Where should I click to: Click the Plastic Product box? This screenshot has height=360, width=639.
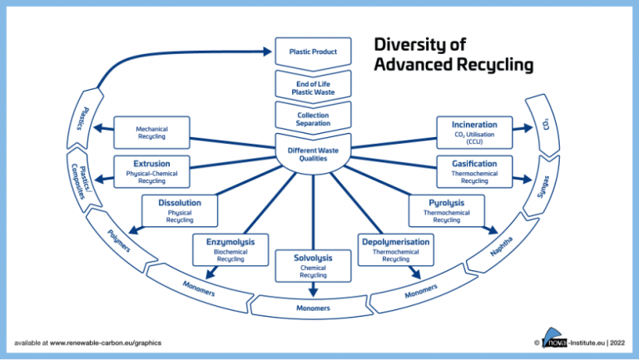pyautogui.click(x=313, y=52)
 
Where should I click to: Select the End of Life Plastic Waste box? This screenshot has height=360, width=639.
pyautogui.click(x=313, y=86)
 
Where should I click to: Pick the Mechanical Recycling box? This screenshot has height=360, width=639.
pyautogui.click(x=151, y=132)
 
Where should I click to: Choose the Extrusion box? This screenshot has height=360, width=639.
pyautogui.click(x=151, y=170)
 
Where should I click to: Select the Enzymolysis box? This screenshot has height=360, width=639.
pyautogui.click(x=230, y=249)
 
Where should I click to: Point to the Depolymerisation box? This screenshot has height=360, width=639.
pyautogui.click(x=395, y=249)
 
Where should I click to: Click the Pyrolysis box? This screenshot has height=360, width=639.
pyautogui.click(x=446, y=210)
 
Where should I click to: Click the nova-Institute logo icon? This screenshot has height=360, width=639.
pyautogui.click(x=552, y=342)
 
